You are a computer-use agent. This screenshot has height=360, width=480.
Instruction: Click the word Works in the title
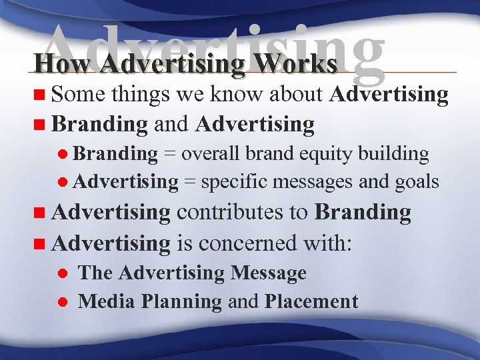(x=299, y=64)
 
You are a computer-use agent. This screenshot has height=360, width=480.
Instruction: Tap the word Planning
(x=181, y=302)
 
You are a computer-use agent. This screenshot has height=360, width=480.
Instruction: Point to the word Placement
(x=311, y=301)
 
